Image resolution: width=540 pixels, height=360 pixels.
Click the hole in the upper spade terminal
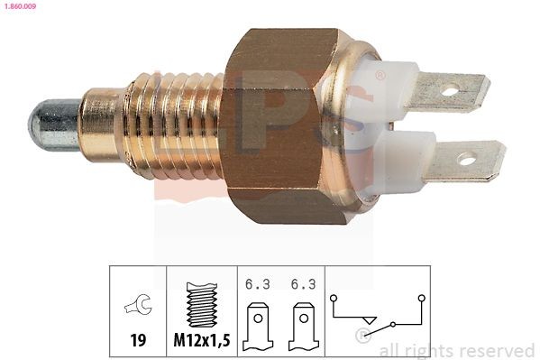(x=452, y=89)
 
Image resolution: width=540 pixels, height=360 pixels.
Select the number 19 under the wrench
(x=138, y=341)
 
